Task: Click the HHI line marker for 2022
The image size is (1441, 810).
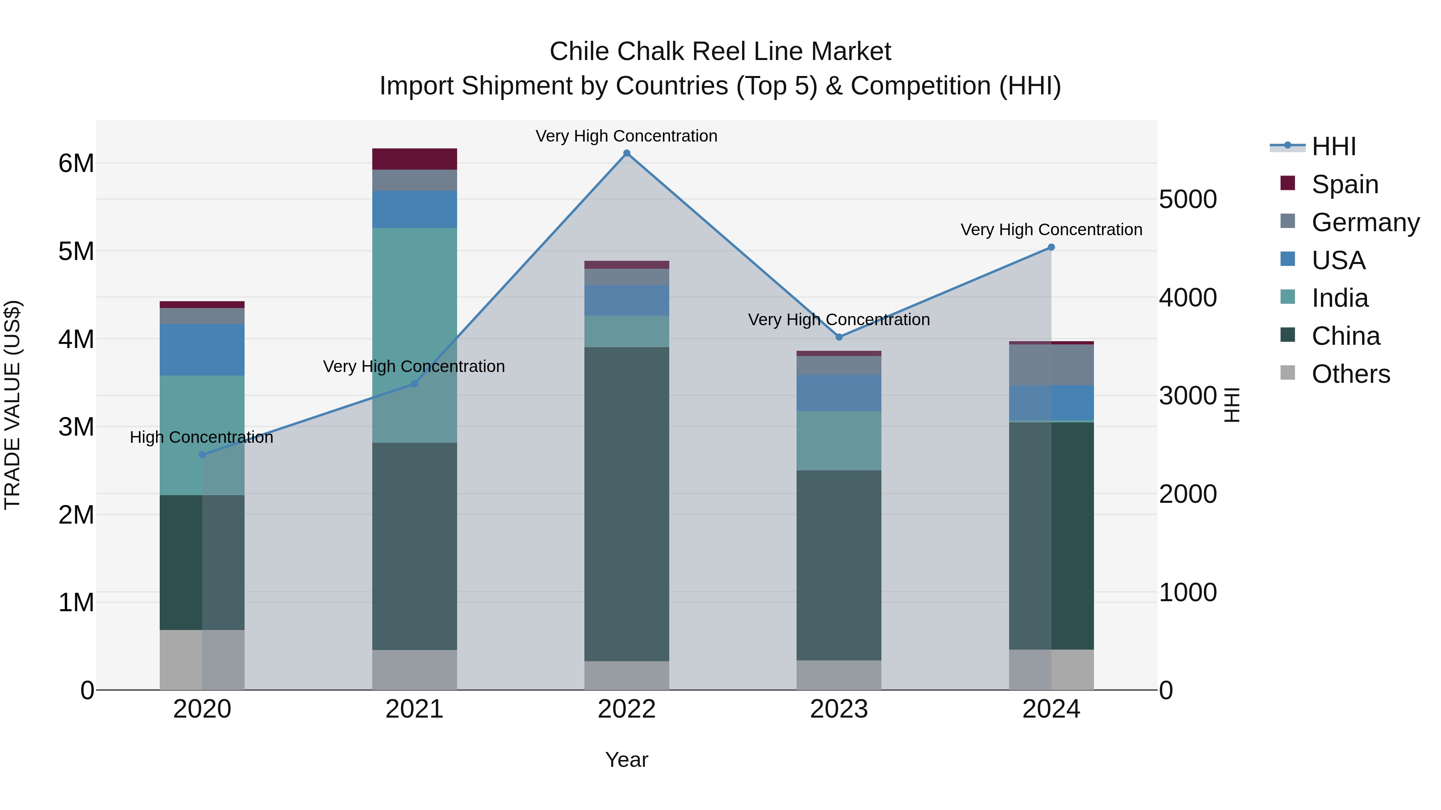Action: point(626,153)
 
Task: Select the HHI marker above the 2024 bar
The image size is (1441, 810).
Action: point(1051,247)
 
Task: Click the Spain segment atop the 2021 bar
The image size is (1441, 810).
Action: point(415,159)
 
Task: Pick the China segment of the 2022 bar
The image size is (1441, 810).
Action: point(626,503)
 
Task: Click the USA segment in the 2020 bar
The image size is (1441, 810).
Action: point(202,350)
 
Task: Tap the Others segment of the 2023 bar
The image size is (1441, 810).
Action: point(839,675)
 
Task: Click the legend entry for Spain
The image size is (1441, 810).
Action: point(1345,184)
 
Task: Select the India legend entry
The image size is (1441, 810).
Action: point(1340,298)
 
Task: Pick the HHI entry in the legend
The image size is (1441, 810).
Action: point(1334,146)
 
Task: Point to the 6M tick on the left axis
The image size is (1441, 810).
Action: point(76,164)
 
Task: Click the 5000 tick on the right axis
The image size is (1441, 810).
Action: point(1188,200)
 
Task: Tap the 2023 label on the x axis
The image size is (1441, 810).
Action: point(839,709)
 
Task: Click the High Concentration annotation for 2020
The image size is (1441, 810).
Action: point(201,437)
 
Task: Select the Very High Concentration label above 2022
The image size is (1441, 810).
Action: point(626,136)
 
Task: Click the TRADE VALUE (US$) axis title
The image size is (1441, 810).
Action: point(12,405)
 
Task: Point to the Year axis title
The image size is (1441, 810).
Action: point(626,760)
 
